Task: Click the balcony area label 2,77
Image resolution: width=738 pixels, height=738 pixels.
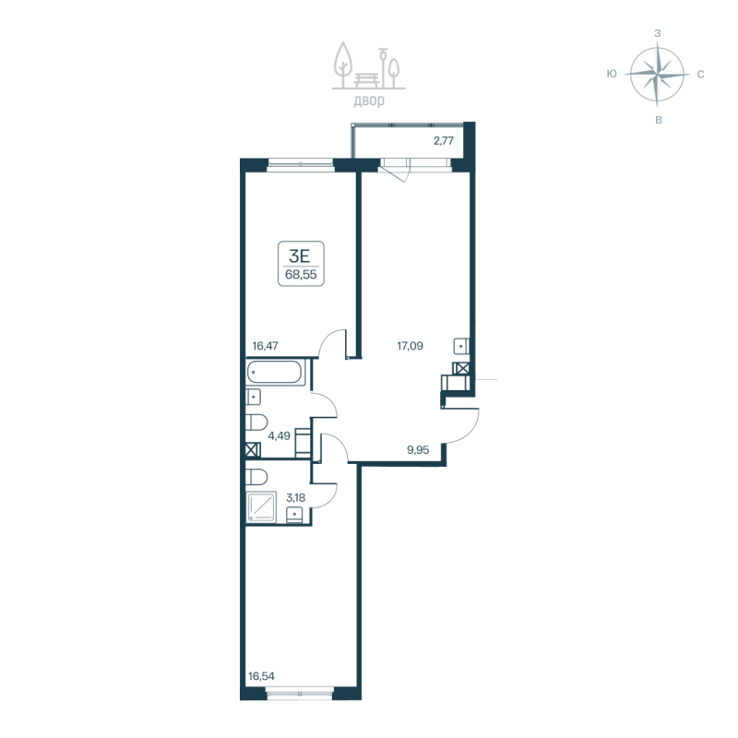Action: click(x=445, y=141)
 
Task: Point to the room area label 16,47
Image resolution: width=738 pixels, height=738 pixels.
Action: click(x=266, y=346)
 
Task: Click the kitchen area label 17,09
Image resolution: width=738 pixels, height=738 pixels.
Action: click(x=411, y=348)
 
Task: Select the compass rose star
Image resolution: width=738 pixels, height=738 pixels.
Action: click(x=656, y=74)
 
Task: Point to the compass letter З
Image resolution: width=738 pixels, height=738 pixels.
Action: click(x=657, y=33)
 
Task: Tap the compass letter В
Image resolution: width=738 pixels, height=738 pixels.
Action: click(x=657, y=120)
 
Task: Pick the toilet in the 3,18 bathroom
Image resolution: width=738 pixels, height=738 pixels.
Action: click(x=257, y=477)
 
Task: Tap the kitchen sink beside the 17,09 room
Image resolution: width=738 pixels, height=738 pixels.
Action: click(x=461, y=347)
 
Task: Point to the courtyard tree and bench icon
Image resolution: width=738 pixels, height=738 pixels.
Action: click(x=368, y=65)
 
